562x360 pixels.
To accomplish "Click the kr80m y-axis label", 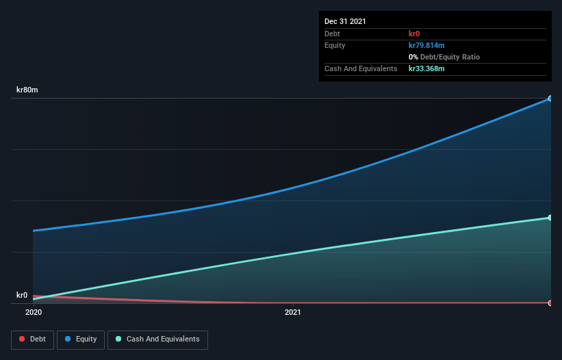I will coord(27,90).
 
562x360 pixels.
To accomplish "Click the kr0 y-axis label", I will coord(22,295).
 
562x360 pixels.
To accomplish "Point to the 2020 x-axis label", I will coord(33,312).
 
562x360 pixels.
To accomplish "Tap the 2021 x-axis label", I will coord(292,312).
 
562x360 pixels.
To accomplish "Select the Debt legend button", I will coord(31,339).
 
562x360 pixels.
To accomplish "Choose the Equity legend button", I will coord(81,339).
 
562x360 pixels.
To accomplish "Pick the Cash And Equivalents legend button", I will coord(157,339).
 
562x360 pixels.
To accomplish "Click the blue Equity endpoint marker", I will coord(550,99).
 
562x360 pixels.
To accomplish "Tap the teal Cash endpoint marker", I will coord(550,218).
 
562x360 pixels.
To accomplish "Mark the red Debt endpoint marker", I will coord(550,303).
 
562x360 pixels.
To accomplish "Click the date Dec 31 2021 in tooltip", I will coord(345,21).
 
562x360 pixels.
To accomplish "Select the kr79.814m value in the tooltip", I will coord(426,45).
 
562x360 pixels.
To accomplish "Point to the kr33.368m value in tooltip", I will coord(426,68).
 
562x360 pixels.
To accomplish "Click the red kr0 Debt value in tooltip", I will coord(414,34).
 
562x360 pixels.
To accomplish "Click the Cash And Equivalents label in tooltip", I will coord(361,68).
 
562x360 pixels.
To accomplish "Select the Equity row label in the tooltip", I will coord(335,45).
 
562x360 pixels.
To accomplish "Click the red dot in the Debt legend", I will coord(22,339).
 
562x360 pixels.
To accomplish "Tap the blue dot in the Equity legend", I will coord(69,339).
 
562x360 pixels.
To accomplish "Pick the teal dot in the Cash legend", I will coord(118,339).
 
